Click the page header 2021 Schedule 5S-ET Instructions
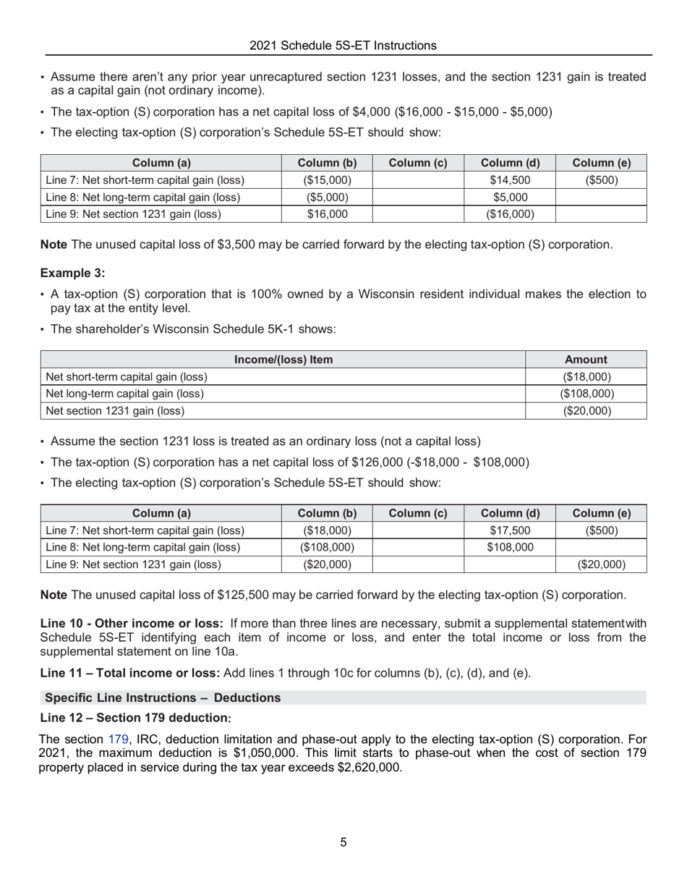click(343, 46)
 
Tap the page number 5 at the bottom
click(343, 842)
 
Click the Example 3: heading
click(72, 273)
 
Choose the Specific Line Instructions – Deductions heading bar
click(163, 698)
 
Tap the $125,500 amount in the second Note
click(242, 595)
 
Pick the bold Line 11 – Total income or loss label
click(130, 673)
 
